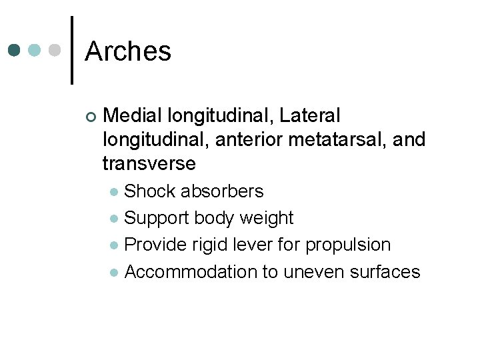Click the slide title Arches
tap(128, 51)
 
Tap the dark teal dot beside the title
tap(15, 51)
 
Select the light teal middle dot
tap(35, 51)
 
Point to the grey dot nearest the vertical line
tap(56, 51)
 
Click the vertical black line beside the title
tap(72, 50)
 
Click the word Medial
tap(133, 116)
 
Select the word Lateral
tap(310, 116)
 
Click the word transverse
tap(149, 163)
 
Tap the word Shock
tap(145, 191)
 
